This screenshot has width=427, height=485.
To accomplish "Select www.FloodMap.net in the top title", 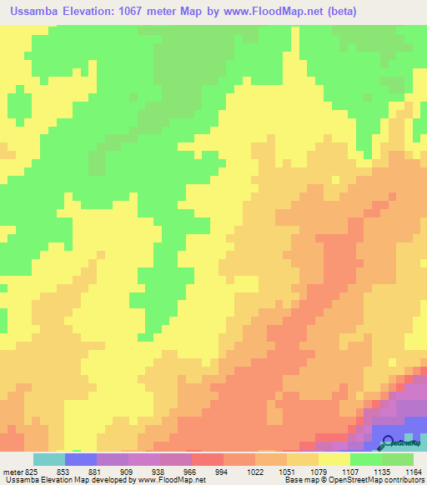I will (283, 11).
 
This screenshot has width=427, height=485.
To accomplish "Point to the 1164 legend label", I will (411, 471).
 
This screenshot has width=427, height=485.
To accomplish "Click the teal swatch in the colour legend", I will (48, 459).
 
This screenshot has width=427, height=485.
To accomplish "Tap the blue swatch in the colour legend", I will (80, 459).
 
